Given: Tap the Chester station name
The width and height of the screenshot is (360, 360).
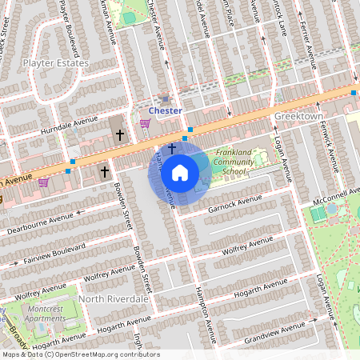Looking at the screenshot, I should click(166, 110).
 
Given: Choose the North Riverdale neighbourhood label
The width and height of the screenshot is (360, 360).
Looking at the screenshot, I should click(114, 298).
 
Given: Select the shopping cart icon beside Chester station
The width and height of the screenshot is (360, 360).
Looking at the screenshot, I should click(146, 123).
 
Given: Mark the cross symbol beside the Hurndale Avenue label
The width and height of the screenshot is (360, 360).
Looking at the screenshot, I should click(120, 135).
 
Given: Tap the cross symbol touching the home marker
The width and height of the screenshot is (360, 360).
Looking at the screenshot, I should click(171, 148).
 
